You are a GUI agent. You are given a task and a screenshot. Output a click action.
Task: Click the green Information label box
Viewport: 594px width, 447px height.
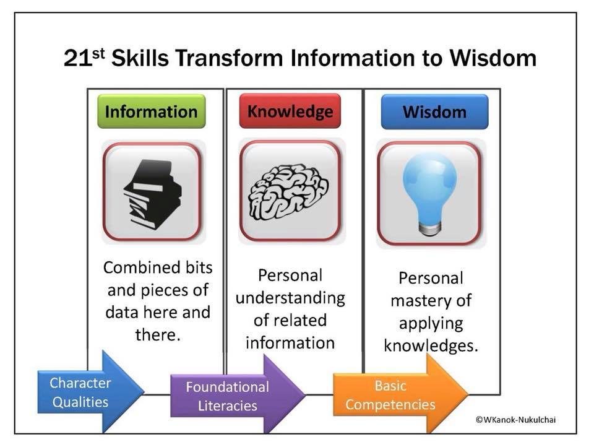point(152,111)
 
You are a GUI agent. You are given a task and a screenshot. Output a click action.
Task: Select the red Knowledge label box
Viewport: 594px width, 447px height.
point(290,111)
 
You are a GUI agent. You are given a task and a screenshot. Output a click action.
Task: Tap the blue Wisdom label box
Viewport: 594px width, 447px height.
point(434,111)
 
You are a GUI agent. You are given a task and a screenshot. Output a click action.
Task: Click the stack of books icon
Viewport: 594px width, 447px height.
point(153,194)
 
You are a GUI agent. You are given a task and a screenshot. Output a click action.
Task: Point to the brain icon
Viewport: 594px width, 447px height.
point(288,192)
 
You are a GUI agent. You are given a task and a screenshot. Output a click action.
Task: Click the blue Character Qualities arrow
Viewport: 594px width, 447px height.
point(91,392)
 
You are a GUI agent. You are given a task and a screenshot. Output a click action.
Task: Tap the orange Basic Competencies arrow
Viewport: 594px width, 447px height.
point(401,394)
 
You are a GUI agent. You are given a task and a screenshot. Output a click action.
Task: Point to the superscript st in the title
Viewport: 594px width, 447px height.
point(98,53)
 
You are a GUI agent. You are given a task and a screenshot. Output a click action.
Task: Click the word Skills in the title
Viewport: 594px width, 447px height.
point(140,58)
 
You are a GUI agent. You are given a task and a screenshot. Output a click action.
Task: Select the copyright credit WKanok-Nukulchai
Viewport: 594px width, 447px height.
point(515,419)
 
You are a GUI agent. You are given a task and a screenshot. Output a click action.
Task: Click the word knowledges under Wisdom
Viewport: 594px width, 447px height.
point(431,345)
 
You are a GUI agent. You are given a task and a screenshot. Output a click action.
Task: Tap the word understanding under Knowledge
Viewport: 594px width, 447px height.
point(290,298)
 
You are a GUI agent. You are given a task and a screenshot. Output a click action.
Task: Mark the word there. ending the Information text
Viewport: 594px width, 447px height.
point(158,334)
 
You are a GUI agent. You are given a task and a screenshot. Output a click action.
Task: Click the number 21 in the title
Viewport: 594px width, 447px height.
point(78,59)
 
